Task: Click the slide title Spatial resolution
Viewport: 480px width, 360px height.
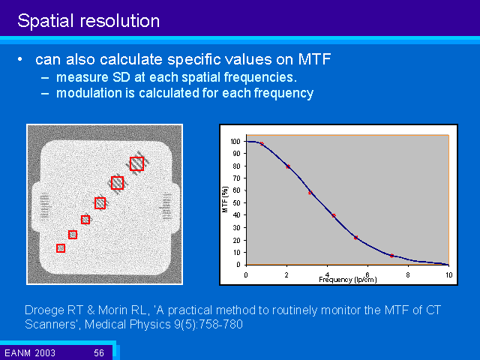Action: coord(88,20)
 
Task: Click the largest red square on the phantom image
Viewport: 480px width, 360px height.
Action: coord(136,163)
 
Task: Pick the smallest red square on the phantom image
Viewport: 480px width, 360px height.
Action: coord(61,248)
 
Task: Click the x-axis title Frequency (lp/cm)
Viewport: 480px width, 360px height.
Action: coord(347,279)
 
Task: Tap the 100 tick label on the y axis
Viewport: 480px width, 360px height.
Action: coord(235,142)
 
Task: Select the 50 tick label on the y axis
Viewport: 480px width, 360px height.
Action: coord(236,203)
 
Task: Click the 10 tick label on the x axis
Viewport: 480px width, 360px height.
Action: coord(448,274)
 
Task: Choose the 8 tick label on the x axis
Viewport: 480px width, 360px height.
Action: coord(408,274)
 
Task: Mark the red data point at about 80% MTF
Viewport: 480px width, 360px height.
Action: coord(287,166)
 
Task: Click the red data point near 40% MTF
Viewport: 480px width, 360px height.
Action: coord(334,216)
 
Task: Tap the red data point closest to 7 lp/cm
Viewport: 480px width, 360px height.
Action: coord(391,256)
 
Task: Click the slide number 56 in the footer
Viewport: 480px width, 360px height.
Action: coord(99,352)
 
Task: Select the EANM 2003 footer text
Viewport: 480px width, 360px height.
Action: coord(26,352)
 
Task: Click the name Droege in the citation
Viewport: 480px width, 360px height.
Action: coord(48,310)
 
